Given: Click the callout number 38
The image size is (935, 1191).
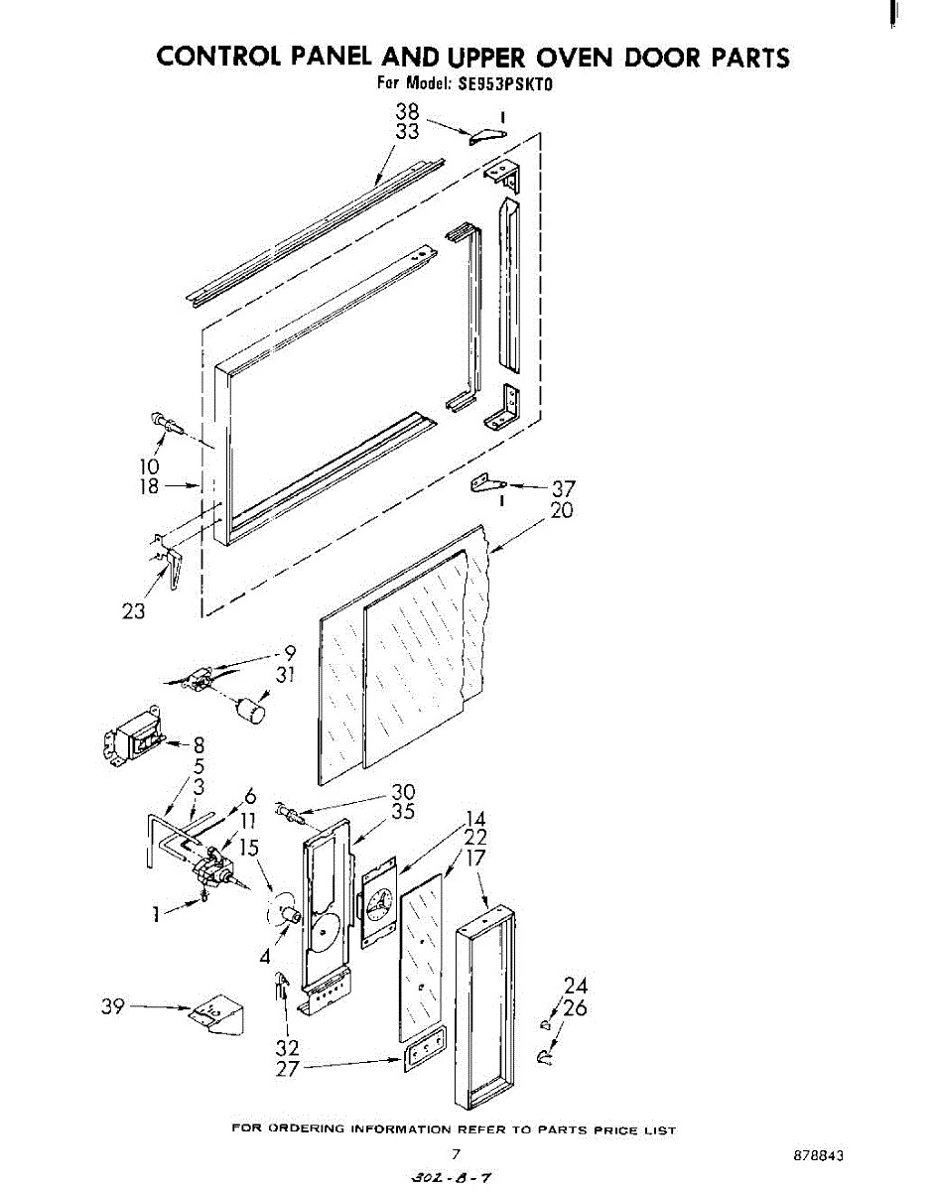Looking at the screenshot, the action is pos(408,112).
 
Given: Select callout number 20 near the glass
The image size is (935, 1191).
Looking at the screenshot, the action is pos(562,511).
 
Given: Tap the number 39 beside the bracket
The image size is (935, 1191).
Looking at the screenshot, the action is pos(113,1006).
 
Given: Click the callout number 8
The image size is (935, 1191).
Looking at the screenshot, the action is pos(199,744).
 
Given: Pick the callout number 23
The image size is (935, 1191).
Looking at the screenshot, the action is pos(133,611).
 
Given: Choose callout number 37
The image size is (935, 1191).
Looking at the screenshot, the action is pos(563,489).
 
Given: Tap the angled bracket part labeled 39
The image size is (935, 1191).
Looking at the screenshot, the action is pos(217,1014).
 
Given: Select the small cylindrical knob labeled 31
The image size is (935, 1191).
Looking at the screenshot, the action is pos(253,711).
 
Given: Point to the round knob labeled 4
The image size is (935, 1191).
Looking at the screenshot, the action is pos(289,913).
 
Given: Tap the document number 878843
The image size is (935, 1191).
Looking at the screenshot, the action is pos(819,1157).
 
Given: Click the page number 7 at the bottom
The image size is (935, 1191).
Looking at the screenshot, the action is pos(456,1154).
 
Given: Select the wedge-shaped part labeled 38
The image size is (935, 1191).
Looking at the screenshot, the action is pos(486,135).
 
